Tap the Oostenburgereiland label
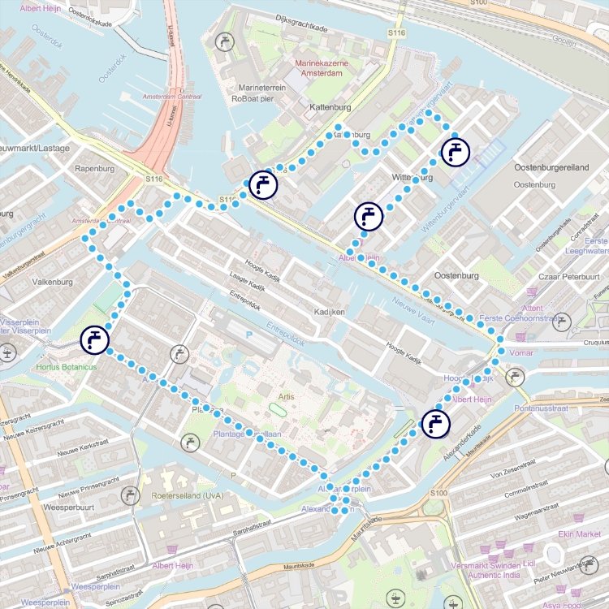(551, 166)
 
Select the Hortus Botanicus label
(67, 368)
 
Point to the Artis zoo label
(284, 396)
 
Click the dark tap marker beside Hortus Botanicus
(95, 339)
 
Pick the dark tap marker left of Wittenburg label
(369, 217)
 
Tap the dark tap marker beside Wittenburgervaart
(455, 152)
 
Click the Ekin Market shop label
(578, 533)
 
